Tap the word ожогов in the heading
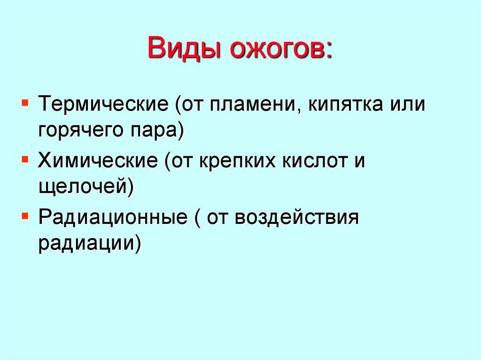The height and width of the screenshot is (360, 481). (276, 49)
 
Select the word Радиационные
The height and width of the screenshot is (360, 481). (111, 219)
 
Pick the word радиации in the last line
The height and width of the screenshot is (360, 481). (87, 245)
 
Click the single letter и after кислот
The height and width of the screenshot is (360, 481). (359, 161)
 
